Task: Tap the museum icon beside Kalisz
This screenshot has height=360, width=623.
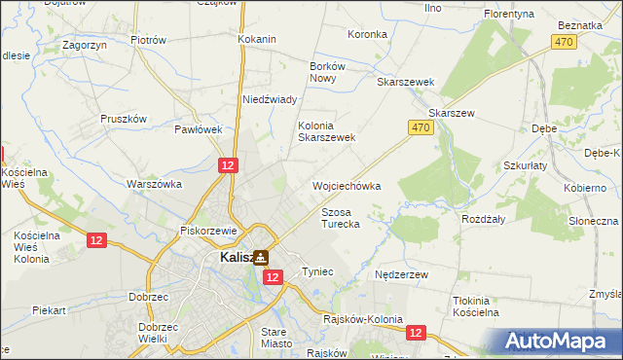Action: [261, 258]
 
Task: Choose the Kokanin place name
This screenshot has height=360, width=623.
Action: [257, 39]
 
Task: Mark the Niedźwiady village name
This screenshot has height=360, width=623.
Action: [270, 99]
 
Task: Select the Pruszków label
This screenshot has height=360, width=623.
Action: [124, 119]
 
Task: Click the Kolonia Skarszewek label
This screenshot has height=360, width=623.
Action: [326, 131]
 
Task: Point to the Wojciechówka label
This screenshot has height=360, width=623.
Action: [346, 185]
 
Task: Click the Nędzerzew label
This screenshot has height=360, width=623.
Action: [401, 275]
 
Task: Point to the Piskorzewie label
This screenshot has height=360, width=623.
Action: [209, 231]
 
